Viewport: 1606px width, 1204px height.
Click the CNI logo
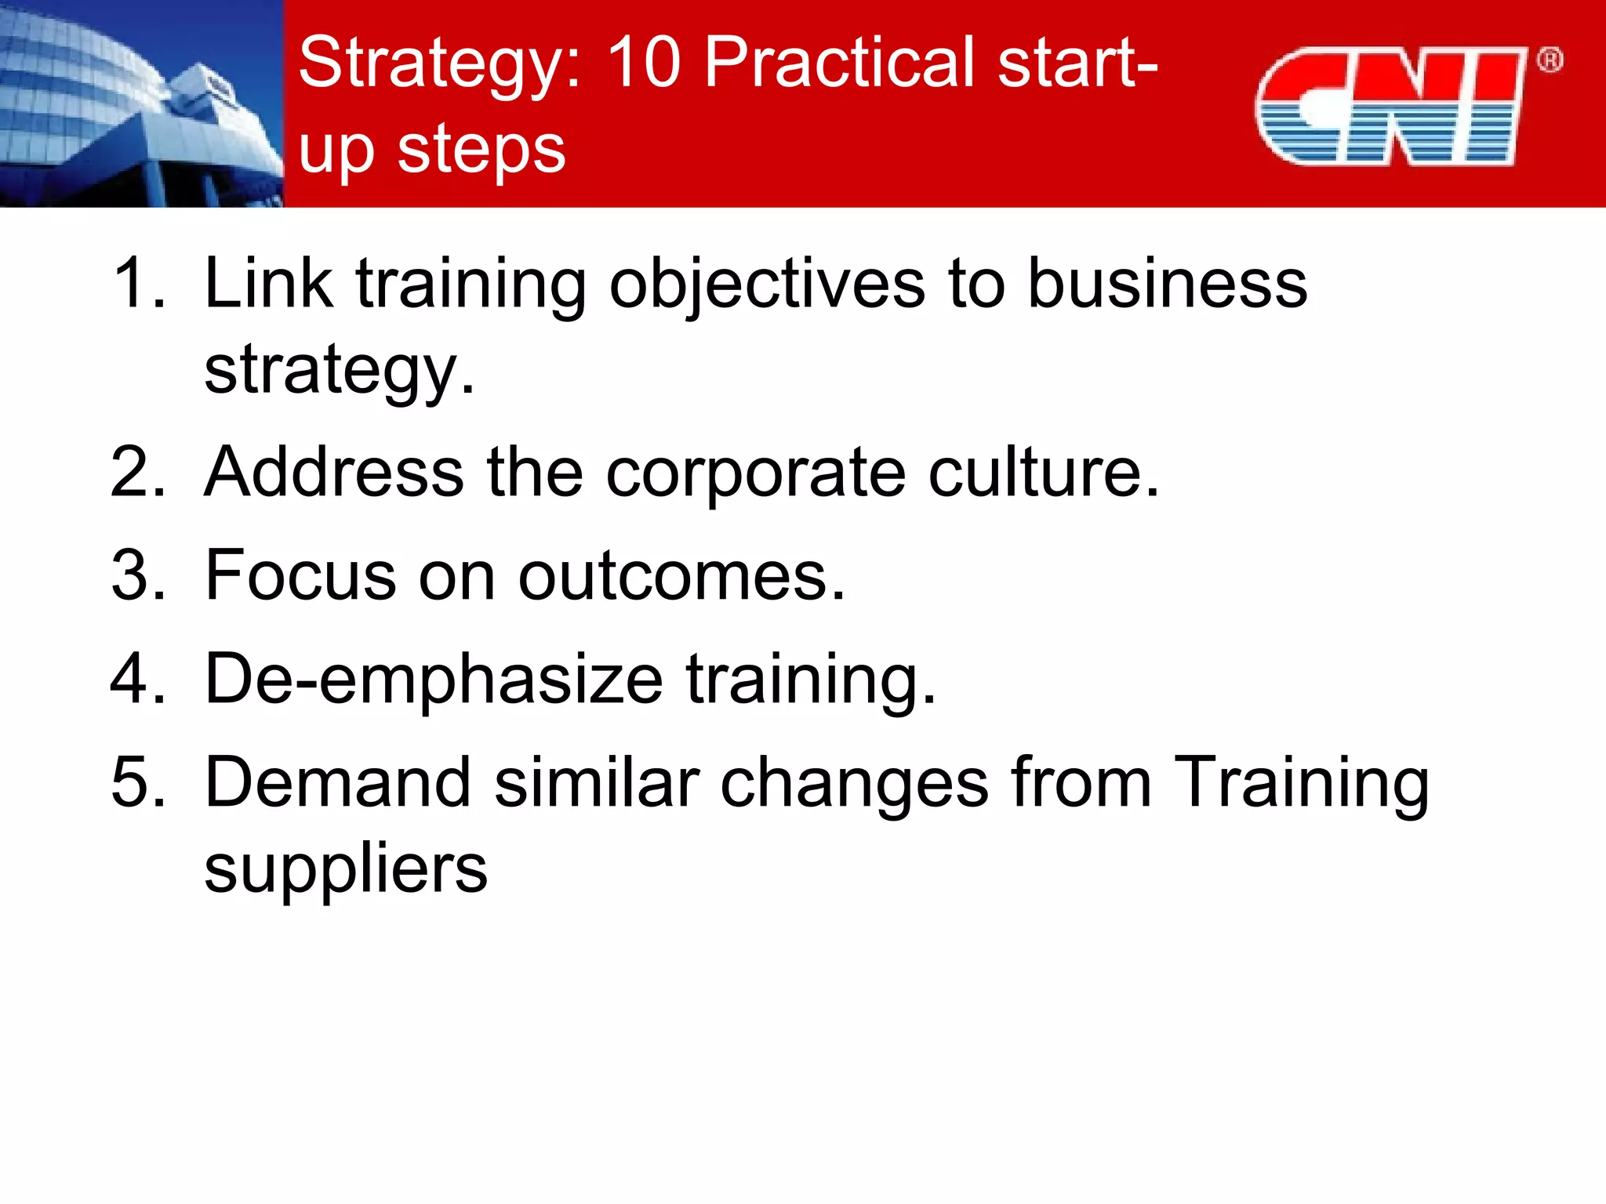tap(1390, 106)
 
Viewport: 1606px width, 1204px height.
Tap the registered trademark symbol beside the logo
tap(1550, 60)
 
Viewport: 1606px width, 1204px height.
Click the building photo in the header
tap(141, 103)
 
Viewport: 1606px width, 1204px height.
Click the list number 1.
tap(138, 284)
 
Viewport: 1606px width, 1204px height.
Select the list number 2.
tap(138, 472)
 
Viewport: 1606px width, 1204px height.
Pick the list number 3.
tap(138, 575)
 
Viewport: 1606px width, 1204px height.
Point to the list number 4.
tap(138, 679)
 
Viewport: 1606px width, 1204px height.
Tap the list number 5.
tap(138, 782)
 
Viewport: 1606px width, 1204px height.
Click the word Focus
tap(301, 575)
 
